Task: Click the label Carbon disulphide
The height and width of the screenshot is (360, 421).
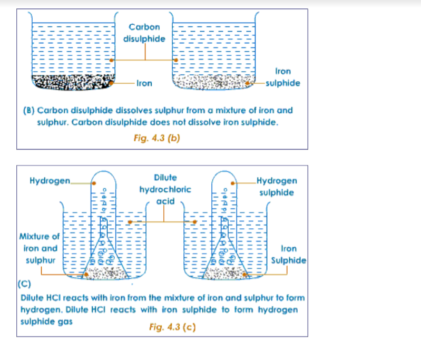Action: [x=144, y=32]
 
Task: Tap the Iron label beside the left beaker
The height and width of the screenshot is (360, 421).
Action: [x=144, y=83]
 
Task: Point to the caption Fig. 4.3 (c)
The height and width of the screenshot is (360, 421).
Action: [x=172, y=327]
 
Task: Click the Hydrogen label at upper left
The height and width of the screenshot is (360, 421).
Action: [x=50, y=181]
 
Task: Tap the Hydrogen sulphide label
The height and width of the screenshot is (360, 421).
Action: [x=277, y=186]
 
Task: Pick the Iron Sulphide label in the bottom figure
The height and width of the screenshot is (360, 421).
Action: [x=289, y=254]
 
